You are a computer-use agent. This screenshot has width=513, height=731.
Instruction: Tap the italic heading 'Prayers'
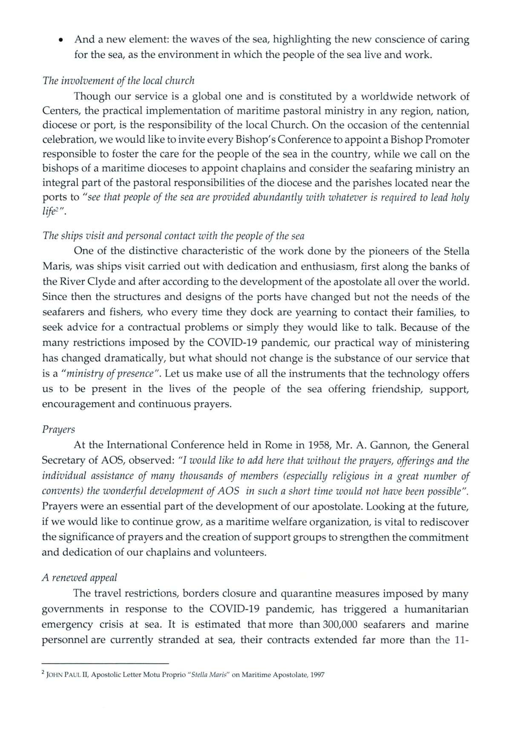[x=58, y=430]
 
